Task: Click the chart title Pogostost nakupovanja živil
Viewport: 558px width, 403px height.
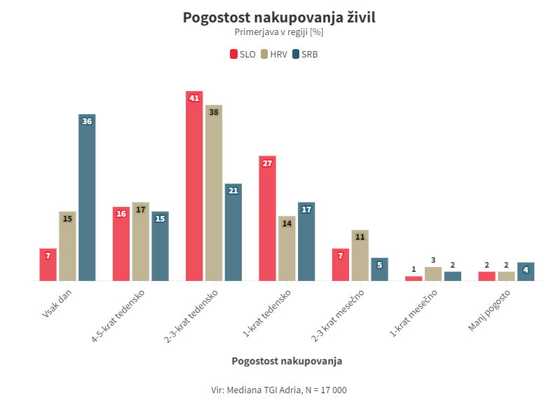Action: [279, 17]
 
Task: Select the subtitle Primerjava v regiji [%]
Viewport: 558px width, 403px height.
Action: [279, 32]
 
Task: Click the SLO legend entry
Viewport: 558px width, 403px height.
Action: [243, 54]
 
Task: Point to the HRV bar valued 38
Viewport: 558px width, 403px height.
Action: [214, 193]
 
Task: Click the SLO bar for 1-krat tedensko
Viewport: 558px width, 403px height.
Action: [267, 218]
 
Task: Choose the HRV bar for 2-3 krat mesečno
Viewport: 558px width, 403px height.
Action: [360, 255]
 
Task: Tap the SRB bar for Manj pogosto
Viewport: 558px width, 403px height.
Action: [526, 272]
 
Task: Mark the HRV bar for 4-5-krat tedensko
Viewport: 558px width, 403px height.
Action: [140, 242]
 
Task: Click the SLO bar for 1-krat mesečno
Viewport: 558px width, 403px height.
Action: [414, 278]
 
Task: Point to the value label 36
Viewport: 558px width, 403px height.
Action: [87, 121]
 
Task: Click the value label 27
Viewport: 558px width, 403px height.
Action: [267, 163]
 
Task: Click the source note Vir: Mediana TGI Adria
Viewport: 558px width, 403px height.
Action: [279, 390]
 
